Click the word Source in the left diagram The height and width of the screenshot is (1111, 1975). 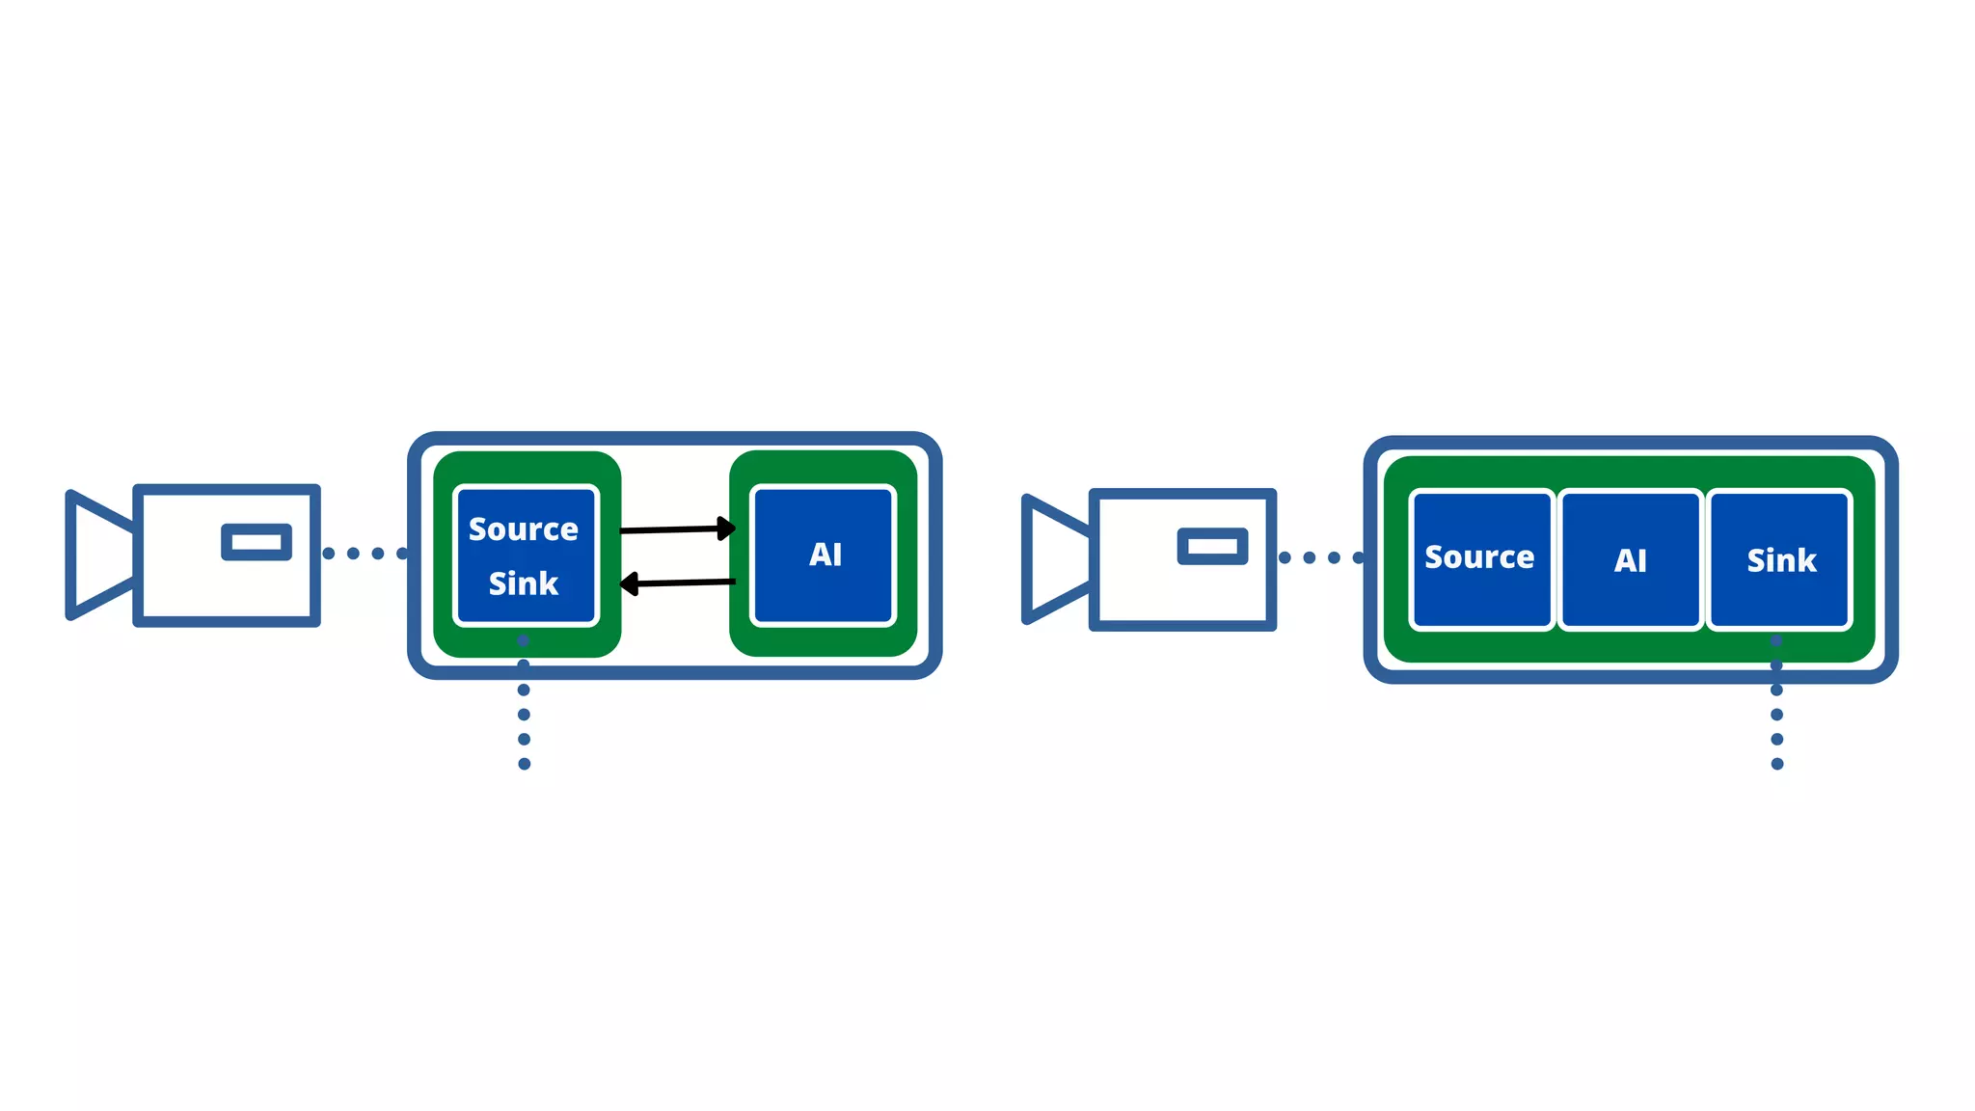pyautogui.click(x=523, y=529)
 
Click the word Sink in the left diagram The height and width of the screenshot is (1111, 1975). pyautogui.click(x=523, y=583)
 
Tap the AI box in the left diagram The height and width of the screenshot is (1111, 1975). pyautogui.click(x=824, y=555)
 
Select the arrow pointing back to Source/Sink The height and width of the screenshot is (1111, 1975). pyautogui.click(x=680, y=583)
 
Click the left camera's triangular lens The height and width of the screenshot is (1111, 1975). pyautogui.click(x=96, y=555)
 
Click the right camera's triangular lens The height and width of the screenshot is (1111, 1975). pyautogui.click(x=1053, y=559)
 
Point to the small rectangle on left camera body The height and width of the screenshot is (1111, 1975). pyautogui.click(x=257, y=542)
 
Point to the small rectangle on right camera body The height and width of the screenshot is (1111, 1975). pyautogui.click(x=1212, y=547)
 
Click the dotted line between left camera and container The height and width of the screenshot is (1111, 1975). pyautogui.click(x=365, y=554)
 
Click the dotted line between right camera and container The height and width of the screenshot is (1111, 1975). pyautogui.click(x=1321, y=557)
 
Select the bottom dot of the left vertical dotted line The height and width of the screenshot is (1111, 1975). pyautogui.click(x=524, y=764)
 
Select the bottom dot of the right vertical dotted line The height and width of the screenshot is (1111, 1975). pyautogui.click(x=1777, y=764)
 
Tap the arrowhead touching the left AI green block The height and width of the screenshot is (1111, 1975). pyautogui.click(x=726, y=528)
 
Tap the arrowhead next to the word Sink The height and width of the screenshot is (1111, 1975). pyautogui.click(x=629, y=583)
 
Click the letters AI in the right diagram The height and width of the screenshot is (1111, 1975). pyautogui.click(x=1630, y=560)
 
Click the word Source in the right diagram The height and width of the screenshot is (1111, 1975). pyautogui.click(x=1479, y=557)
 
